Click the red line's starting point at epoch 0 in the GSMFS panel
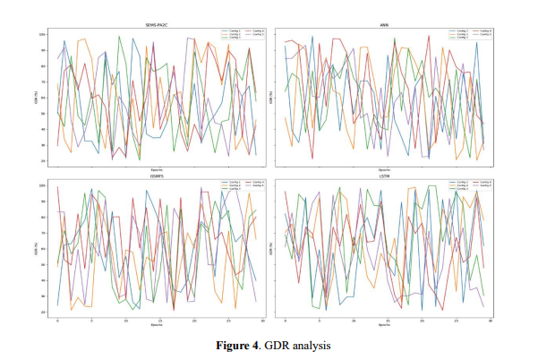57,186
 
